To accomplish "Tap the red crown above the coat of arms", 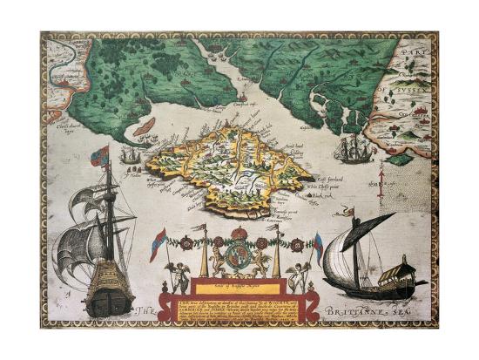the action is click(239, 234).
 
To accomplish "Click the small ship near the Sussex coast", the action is click(354, 150).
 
